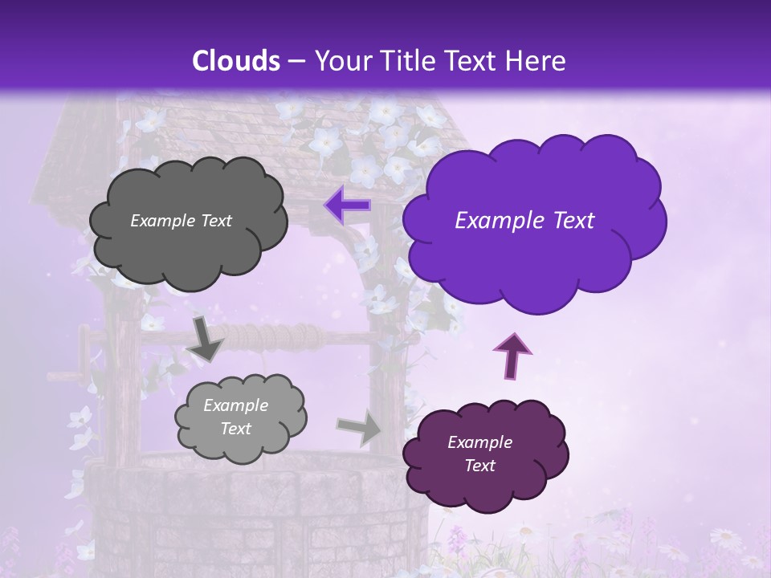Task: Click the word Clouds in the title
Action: coord(235,61)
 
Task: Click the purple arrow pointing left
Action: coord(348,206)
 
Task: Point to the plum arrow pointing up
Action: coord(511,355)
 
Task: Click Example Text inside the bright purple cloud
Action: coord(524,221)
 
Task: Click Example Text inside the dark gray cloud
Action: coord(181,221)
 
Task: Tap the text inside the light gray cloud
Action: coord(235,417)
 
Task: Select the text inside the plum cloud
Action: coord(479,454)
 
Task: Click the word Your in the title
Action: coord(341,61)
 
